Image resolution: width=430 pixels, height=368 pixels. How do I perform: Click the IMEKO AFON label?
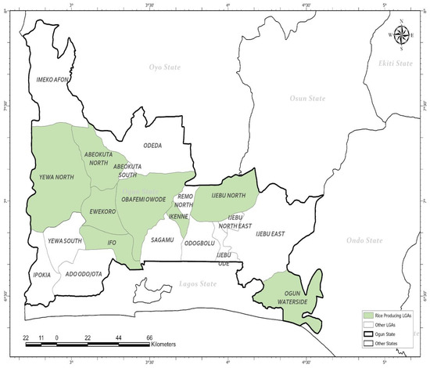point(53,80)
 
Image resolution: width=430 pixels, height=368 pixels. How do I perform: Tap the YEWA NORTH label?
point(55,178)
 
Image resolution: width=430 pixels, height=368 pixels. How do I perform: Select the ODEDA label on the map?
point(152,145)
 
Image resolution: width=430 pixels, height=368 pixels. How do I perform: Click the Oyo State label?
point(164,67)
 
